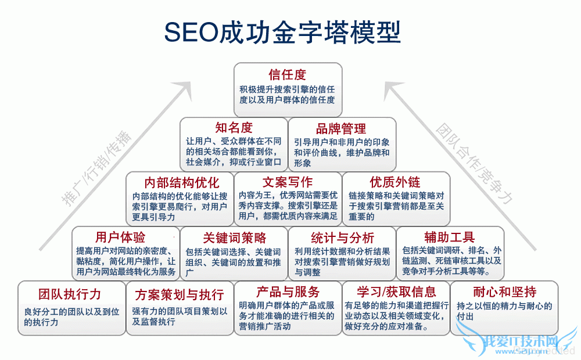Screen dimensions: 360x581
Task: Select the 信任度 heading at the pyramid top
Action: tap(288, 75)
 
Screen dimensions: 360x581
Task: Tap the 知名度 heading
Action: tap(234, 128)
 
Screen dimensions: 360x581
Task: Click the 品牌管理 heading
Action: tap(341, 128)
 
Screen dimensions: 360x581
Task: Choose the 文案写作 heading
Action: tap(288, 182)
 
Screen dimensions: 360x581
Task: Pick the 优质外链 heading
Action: tap(395, 182)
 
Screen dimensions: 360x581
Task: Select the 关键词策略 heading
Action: tap(234, 237)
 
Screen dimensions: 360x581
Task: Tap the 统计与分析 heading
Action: tap(342, 237)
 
